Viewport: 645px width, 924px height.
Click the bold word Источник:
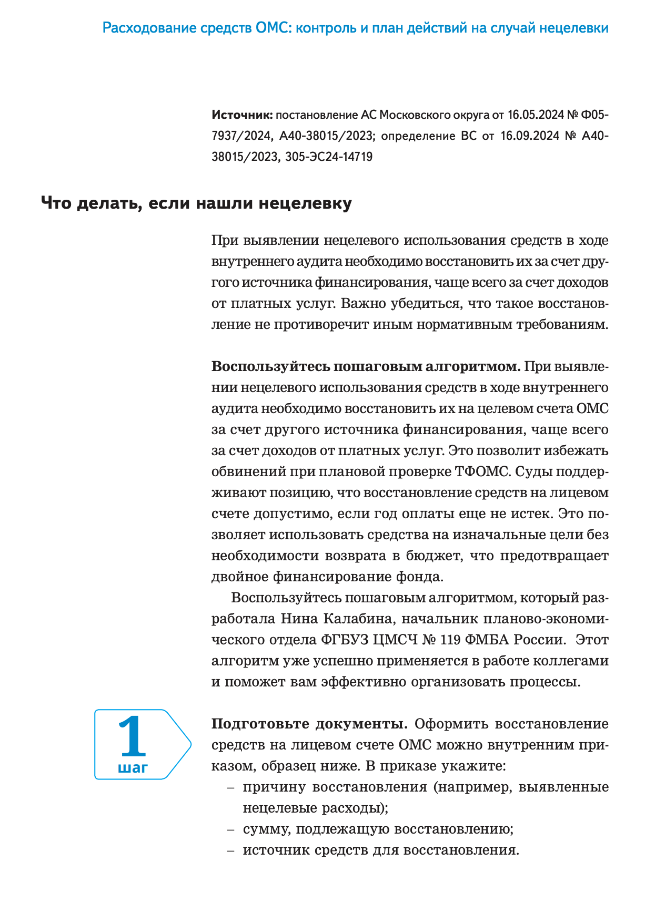241,115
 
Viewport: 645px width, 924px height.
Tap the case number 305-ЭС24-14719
329,157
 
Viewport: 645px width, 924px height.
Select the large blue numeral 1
132,736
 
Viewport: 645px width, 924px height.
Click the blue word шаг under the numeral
133,767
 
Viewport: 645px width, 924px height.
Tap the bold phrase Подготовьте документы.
309,724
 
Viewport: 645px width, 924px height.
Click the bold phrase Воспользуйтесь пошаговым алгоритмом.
366,366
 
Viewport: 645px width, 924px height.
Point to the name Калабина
359,619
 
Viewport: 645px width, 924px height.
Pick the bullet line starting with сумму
378,829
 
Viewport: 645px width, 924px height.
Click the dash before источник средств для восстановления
230,850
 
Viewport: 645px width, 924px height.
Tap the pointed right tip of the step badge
190,744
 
